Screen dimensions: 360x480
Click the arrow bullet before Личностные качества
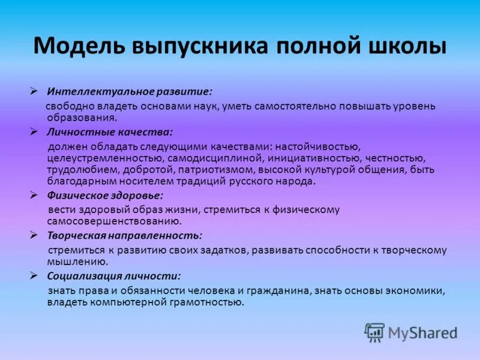click(x=35, y=131)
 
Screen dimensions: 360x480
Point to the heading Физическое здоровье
click(x=105, y=196)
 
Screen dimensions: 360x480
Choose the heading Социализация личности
click(x=114, y=277)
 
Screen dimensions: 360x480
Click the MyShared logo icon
click(x=375, y=332)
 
